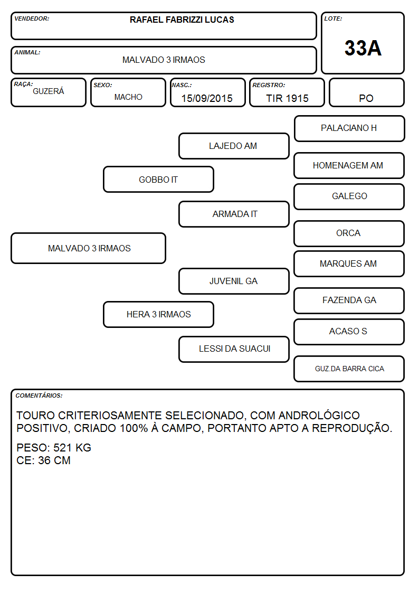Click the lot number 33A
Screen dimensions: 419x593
[x=363, y=48]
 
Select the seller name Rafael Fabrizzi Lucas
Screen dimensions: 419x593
[x=182, y=20]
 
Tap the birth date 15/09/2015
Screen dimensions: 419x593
[x=207, y=98]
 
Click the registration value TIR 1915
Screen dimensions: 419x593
[x=287, y=98]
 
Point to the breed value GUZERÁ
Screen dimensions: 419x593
[x=49, y=91]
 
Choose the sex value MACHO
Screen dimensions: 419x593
[x=128, y=97]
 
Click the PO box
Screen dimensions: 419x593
[x=366, y=92]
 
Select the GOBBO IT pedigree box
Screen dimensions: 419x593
[x=158, y=180]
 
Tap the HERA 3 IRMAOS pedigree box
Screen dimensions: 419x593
[x=158, y=314]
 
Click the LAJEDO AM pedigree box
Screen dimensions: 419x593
[x=234, y=146]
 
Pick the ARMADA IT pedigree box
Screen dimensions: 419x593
[x=234, y=214]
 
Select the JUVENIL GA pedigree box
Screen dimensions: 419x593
[x=234, y=281]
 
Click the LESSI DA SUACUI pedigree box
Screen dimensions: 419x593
[x=234, y=349]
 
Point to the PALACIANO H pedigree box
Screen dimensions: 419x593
[x=349, y=129]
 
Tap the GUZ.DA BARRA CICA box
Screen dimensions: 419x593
[x=349, y=369]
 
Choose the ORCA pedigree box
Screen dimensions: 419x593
[x=349, y=233]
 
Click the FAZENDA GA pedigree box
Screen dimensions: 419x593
[x=349, y=300]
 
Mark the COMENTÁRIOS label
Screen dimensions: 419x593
[x=39, y=396]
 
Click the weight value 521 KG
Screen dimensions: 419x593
[x=72, y=448]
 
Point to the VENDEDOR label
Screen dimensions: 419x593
[x=32, y=18]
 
